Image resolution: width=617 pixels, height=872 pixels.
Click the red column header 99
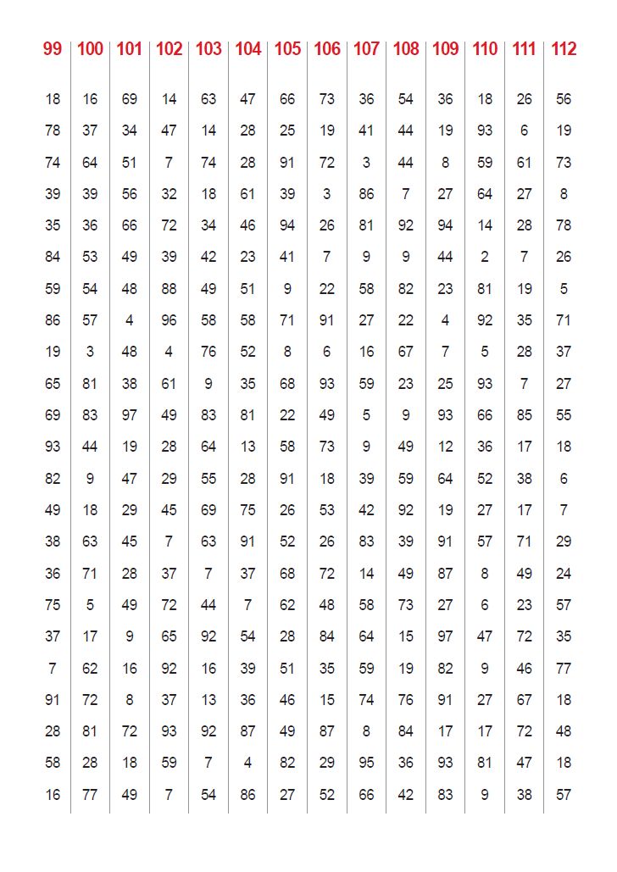pyautogui.click(x=53, y=49)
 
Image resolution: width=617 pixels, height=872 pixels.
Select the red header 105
pyautogui.click(x=287, y=49)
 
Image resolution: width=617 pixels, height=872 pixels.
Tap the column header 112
pyautogui.click(x=564, y=49)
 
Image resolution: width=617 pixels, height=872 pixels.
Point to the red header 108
pyautogui.click(x=406, y=49)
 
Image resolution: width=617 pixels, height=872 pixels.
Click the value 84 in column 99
pyautogui.click(x=53, y=257)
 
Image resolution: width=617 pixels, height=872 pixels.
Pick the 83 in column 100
pyautogui.click(x=90, y=415)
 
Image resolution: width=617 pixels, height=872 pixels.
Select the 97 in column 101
pyautogui.click(x=129, y=415)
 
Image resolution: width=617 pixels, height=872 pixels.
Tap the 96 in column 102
pyautogui.click(x=169, y=320)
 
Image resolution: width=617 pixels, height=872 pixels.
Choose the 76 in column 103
pyautogui.click(x=208, y=352)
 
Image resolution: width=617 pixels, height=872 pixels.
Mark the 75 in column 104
pyautogui.click(x=247, y=510)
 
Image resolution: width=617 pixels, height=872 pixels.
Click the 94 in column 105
pyautogui.click(x=287, y=225)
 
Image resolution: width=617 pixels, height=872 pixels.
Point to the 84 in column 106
pyautogui.click(x=327, y=636)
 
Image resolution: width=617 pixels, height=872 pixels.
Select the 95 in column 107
pyautogui.click(x=366, y=763)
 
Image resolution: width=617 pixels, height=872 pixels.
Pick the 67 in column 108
pyautogui.click(x=406, y=352)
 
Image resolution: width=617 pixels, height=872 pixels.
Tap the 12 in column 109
pyautogui.click(x=446, y=447)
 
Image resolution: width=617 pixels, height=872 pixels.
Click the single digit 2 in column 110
pyautogui.click(x=485, y=257)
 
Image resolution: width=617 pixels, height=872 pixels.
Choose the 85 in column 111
pyautogui.click(x=525, y=415)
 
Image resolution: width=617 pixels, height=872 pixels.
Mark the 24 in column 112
pyautogui.click(x=564, y=574)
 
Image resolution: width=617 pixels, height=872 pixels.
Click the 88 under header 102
pyautogui.click(x=169, y=289)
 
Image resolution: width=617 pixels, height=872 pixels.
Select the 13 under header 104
pyautogui.click(x=247, y=447)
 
